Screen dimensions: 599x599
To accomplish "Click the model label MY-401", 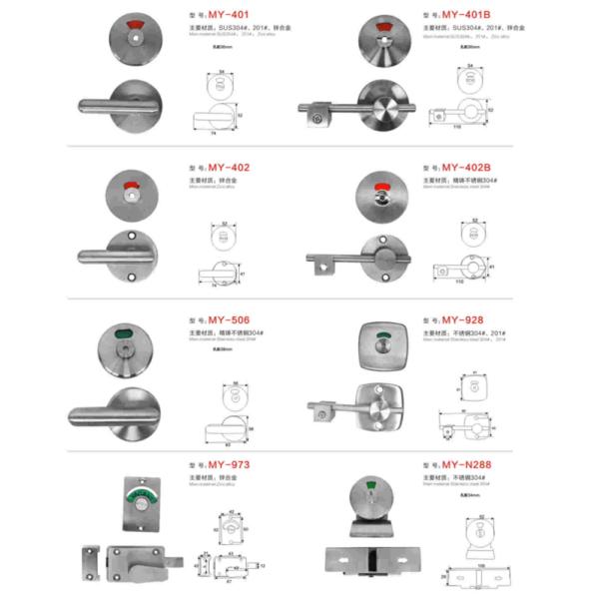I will (x=229, y=17).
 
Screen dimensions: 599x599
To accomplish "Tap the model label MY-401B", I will (x=464, y=16).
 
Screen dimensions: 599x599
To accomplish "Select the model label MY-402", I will (x=229, y=168).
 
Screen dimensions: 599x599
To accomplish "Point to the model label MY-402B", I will (x=464, y=167).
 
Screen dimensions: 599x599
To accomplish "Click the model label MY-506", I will (x=229, y=319).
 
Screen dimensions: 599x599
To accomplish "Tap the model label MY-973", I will (x=229, y=464).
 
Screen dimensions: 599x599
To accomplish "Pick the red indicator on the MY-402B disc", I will (x=380, y=188).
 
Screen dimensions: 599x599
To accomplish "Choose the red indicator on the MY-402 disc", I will (x=131, y=187).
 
